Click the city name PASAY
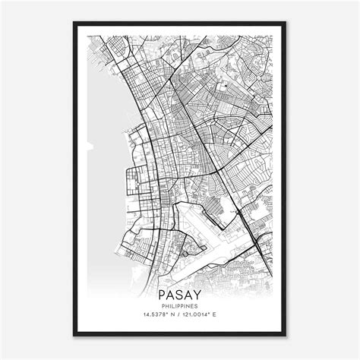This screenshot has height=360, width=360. tap(180, 293)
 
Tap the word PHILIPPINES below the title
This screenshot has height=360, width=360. tap(180, 305)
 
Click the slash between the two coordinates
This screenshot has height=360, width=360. tap(179, 315)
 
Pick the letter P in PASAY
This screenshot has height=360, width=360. tap(163, 293)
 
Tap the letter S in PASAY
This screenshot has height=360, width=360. tap(180, 293)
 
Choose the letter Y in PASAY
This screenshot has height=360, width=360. tap(198, 293)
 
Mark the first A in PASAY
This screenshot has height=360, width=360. tap(171, 293)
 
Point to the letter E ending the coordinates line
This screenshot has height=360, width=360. tap(225, 315)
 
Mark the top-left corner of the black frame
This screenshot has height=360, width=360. tap(74, 23)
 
